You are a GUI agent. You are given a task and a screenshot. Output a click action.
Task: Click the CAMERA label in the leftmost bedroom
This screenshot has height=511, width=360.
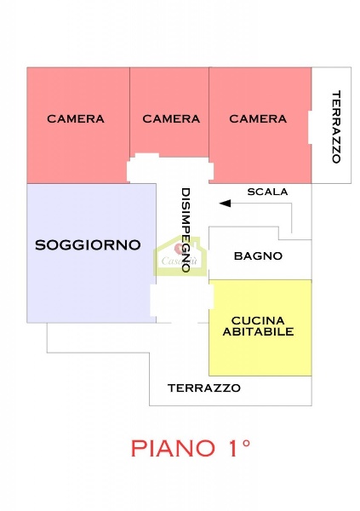coord(76,119)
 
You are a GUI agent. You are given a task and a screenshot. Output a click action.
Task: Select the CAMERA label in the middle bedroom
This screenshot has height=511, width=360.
coord(171,119)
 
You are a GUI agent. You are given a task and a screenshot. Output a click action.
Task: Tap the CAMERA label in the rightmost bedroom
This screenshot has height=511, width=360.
coord(258,119)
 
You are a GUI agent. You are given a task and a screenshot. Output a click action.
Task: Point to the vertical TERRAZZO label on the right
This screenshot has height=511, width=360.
coord(335,126)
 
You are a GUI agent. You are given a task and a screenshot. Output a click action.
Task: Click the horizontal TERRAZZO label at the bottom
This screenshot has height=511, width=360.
coord(203,388)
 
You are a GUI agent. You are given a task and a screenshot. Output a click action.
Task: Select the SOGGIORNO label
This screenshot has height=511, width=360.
coord(88,245)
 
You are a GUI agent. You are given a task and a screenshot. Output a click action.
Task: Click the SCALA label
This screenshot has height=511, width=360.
coord(267,192)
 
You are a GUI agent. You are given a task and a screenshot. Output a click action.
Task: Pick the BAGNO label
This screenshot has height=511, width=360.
coord(258,255)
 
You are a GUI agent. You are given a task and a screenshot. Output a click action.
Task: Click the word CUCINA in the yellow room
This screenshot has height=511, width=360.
coord(258,319)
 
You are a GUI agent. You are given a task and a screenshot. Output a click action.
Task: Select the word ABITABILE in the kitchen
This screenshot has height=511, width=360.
coord(258,331)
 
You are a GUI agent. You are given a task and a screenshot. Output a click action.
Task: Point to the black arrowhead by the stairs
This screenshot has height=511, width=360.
coord(225,203)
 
